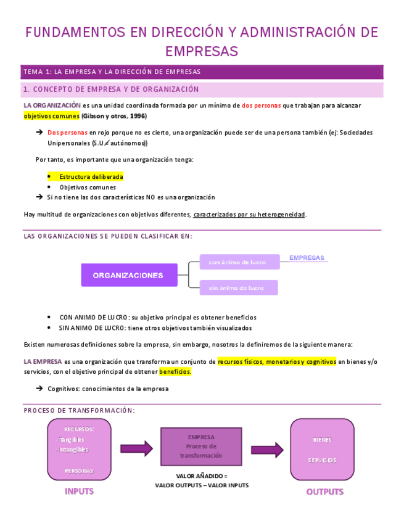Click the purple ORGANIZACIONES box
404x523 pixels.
pos(129,275)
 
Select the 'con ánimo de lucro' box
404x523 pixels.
pos(238,262)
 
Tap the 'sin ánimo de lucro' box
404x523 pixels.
pos(238,287)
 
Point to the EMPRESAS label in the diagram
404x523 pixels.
pos(307,258)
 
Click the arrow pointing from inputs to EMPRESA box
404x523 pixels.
pos(136,448)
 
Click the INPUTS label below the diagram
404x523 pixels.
pos(80,492)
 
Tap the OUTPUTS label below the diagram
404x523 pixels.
pos(325,492)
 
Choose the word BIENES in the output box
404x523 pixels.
pos(322,440)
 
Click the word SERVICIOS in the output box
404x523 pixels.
pos(322,460)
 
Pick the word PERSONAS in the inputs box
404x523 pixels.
pos(79,470)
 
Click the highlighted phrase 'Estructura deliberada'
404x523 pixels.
pos(91,177)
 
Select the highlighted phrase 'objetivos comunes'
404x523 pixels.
pos(52,116)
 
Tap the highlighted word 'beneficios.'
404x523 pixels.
pos(175,372)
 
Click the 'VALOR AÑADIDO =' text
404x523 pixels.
pos(202,476)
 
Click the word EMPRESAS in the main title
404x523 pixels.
pos(202,51)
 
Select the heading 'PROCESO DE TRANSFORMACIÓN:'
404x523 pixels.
pos(79,411)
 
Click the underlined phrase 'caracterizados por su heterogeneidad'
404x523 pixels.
pos(249,215)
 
